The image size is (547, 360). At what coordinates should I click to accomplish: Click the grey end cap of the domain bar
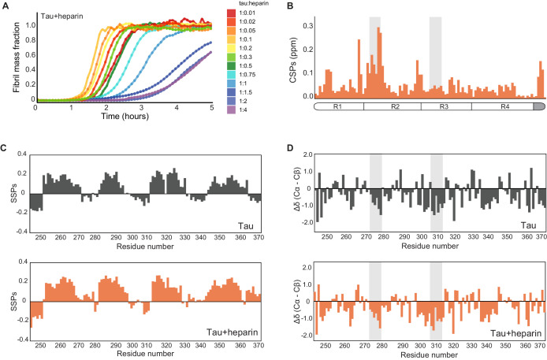click(539, 106)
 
